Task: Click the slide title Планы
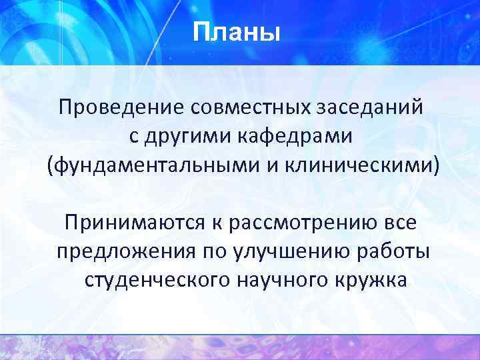237,31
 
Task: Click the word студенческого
156,281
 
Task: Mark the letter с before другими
133,137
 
